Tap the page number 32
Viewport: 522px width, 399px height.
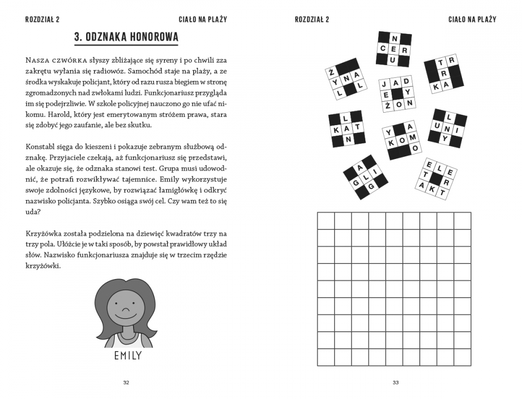pyautogui.click(x=126, y=383)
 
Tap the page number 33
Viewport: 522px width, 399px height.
pyautogui.click(x=395, y=383)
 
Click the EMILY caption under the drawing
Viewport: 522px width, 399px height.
pyautogui.click(x=127, y=356)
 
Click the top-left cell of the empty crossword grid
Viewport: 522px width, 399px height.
pyautogui.click(x=326, y=221)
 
